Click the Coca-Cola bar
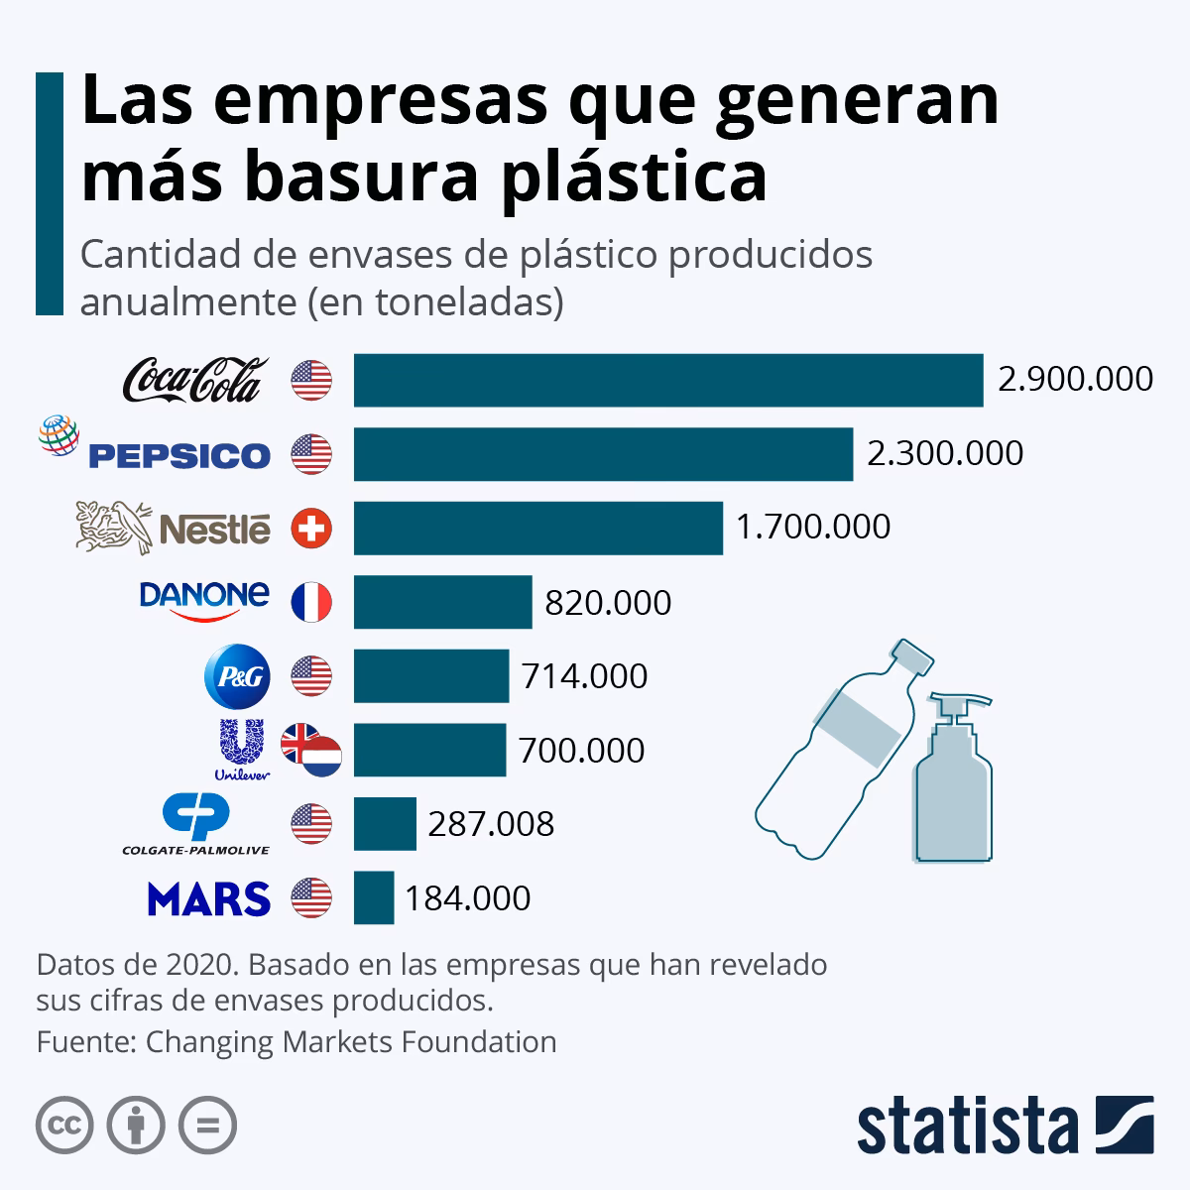[668, 380]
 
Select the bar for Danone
[442, 602]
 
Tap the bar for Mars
[374, 897]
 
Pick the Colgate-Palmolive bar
[385, 824]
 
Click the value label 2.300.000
[945, 453]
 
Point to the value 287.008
[491, 824]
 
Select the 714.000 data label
[584, 676]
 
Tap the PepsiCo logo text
[179, 455]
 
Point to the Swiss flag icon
[311, 528]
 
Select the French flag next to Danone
[311, 602]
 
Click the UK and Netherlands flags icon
[311, 750]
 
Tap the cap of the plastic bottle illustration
[913, 657]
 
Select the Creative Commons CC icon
[64, 1126]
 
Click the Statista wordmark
[968, 1127]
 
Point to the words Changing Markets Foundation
[351, 1042]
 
